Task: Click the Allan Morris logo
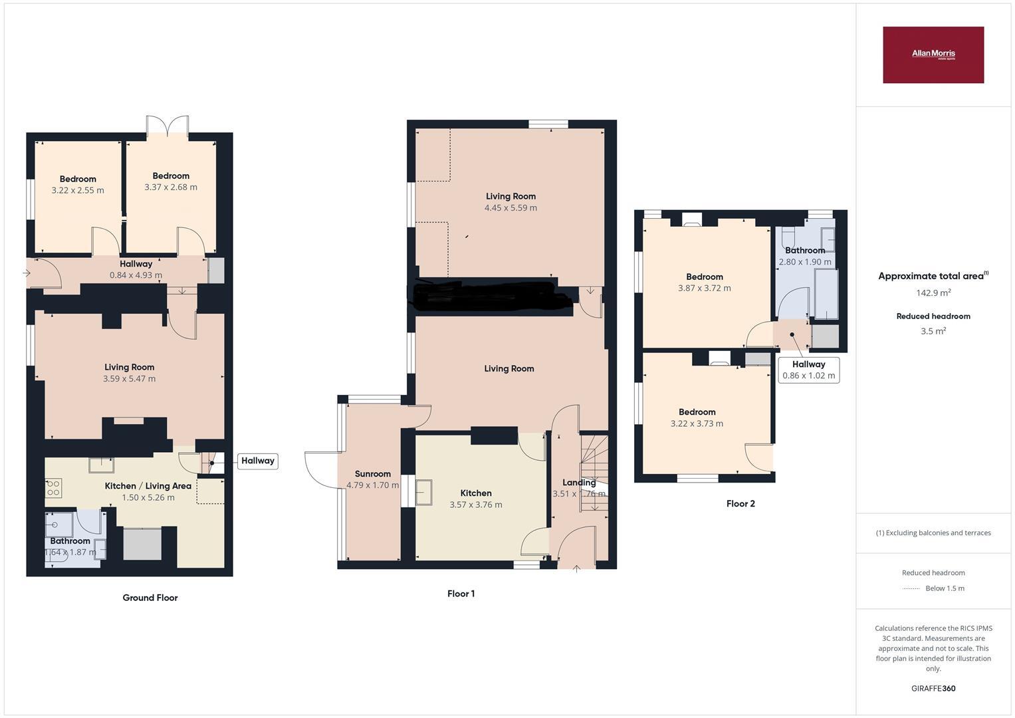point(933,55)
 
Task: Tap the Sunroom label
point(372,474)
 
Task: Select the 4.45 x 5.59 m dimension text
point(510,208)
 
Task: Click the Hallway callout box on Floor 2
point(808,370)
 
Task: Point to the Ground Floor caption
point(150,598)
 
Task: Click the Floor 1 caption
point(461,594)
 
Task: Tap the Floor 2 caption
point(740,504)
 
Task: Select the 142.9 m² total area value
point(933,293)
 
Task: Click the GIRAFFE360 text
point(933,689)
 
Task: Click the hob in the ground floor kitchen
point(54,489)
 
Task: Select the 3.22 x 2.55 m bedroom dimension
point(78,190)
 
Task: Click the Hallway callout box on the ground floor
point(257,461)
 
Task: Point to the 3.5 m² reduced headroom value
point(933,331)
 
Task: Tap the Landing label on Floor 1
point(579,483)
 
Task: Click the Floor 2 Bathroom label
point(805,251)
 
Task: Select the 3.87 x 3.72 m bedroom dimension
point(704,289)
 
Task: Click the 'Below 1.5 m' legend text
point(945,588)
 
